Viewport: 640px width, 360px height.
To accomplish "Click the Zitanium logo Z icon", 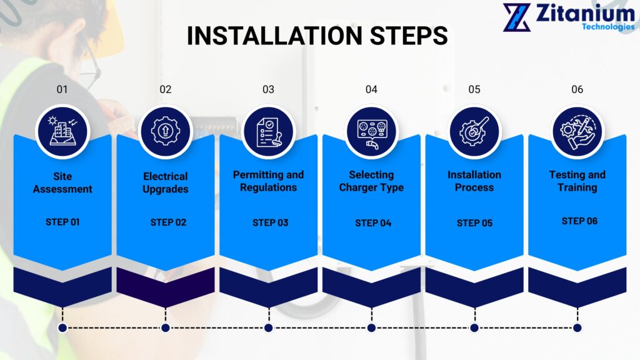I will [517, 17].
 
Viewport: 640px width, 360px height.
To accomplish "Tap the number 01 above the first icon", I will [62, 89].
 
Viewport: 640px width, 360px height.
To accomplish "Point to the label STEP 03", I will [270, 222].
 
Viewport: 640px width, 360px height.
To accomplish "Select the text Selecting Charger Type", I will [371, 181].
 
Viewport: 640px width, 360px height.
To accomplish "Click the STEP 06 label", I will [579, 221].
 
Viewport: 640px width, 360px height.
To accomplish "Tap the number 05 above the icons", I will [474, 89].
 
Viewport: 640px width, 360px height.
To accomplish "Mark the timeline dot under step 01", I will [62, 327].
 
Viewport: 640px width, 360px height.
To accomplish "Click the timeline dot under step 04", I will [371, 327].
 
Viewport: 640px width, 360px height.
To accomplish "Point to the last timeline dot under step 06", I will [577, 327].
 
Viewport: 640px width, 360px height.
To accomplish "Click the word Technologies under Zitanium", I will [607, 27].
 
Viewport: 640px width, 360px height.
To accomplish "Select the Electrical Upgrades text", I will [165, 182].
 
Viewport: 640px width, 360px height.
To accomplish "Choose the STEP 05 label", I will [474, 222].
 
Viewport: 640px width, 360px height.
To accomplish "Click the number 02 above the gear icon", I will [165, 89].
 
